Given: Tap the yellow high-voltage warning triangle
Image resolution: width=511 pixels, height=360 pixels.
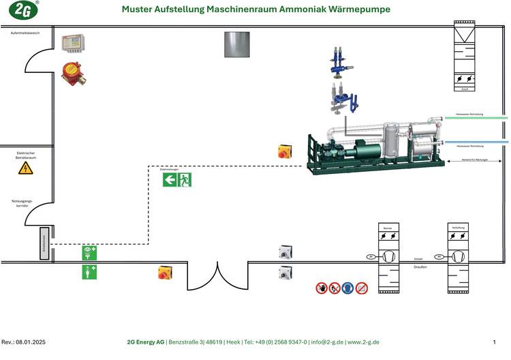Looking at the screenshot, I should click(25, 168).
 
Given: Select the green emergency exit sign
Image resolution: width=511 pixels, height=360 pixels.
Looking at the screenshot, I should click(177, 179).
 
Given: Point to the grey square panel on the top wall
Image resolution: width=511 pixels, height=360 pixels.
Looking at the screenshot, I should click(237, 44).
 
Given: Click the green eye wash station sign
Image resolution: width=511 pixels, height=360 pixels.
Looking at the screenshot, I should click(89, 253).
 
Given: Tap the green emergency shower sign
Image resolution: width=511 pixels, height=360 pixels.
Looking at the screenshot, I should click(89, 272).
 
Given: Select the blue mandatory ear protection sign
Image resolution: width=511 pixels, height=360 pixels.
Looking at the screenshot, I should click(348, 288).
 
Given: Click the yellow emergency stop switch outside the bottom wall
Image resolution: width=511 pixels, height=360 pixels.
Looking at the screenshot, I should click(165, 273).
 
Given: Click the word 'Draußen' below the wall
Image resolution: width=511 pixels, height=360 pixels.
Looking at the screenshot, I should click(420, 267).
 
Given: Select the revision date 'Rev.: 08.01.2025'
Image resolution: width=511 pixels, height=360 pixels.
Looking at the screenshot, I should click(24, 342).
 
